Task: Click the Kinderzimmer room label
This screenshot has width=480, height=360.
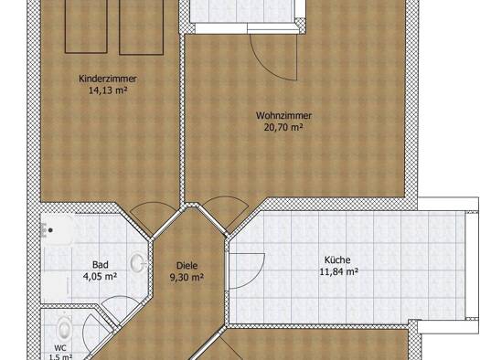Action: point(108,79)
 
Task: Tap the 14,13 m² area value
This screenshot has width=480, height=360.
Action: point(108,90)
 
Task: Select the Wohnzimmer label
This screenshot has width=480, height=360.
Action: point(283,116)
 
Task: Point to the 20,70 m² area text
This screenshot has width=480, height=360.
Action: point(283,127)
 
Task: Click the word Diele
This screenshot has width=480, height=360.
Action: point(187,266)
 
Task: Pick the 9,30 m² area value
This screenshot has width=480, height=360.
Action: point(187,278)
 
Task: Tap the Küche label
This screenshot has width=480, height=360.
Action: point(337,260)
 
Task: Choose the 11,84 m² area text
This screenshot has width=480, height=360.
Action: point(339,271)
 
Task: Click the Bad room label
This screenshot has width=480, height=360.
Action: point(101,265)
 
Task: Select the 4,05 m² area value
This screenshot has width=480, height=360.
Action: point(100,277)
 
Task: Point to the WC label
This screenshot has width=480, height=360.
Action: point(60,348)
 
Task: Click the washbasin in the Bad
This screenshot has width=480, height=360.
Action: point(138,263)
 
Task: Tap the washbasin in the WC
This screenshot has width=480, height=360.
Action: point(65,329)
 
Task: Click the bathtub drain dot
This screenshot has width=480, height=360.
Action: point(51,230)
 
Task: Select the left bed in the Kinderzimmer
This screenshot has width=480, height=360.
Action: point(86,26)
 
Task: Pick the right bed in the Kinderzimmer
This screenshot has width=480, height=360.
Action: point(141,27)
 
